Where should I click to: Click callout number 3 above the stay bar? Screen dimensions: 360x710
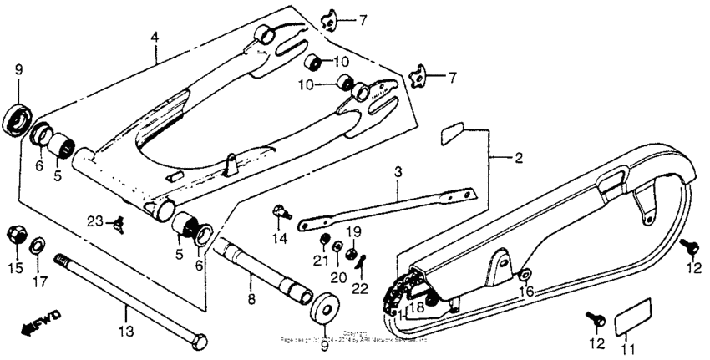(398, 172)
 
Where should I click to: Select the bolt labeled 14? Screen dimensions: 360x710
(281, 213)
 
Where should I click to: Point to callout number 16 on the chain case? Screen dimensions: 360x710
(526, 291)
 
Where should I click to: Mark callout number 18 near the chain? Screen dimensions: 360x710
(417, 307)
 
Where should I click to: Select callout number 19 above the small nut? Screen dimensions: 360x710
(354, 231)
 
